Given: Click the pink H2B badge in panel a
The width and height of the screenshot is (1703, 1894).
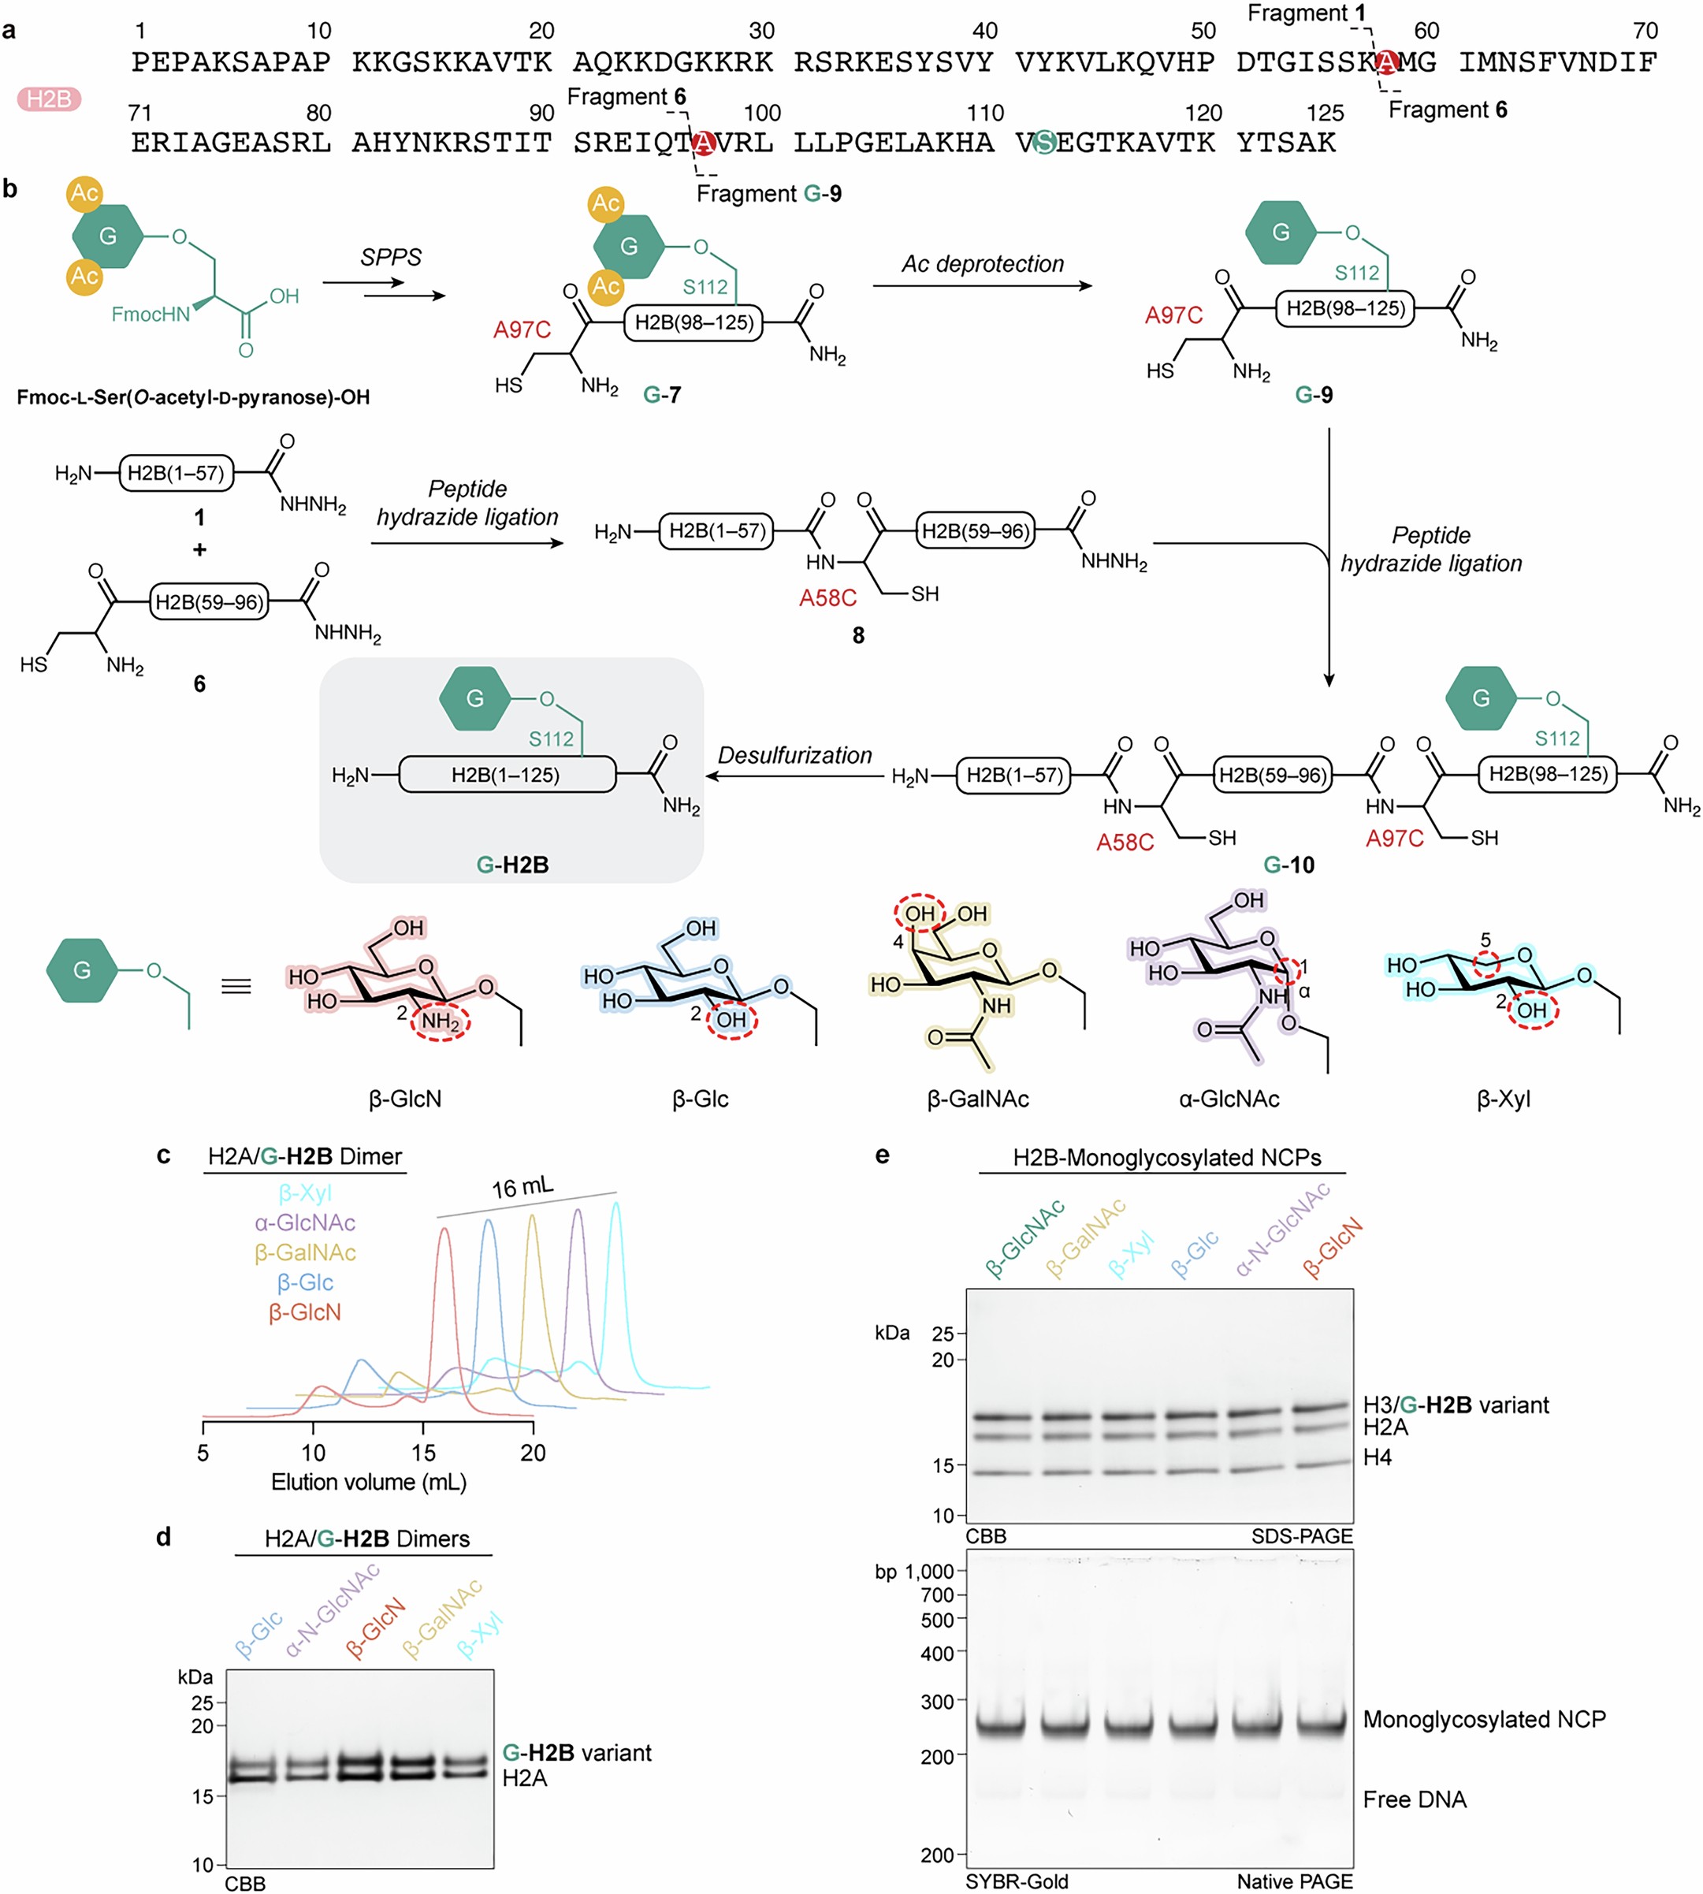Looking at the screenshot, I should point(49,99).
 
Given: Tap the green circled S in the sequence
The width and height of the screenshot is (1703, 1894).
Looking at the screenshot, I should point(1043,142).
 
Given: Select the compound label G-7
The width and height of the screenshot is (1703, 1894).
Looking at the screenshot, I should point(661,395).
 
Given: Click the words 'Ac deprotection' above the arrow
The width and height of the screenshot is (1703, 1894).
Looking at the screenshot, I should point(983,264).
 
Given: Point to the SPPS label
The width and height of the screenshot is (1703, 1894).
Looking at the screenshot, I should point(390,257).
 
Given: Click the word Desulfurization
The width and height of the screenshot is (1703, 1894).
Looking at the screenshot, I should point(794,755).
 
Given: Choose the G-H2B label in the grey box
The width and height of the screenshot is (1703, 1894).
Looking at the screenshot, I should point(511,865).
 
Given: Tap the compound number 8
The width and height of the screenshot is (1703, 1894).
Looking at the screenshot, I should point(858,635).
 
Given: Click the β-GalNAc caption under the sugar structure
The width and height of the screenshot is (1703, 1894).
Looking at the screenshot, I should point(978,1099).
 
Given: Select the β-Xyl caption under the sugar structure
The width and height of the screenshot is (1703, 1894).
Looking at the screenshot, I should point(1503,1099).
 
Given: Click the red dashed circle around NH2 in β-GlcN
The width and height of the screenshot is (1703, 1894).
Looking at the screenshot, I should point(441,1021).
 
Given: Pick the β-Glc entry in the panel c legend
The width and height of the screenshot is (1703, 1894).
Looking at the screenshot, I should point(305,1282).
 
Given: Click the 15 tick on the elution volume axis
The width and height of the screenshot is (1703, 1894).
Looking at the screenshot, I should point(423,1453).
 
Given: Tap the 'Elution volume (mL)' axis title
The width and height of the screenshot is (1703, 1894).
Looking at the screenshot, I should point(369,1483).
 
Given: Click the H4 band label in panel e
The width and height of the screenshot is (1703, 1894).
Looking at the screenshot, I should point(1378,1457).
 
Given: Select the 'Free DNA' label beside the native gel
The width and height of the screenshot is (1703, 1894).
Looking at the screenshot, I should point(1414,1799).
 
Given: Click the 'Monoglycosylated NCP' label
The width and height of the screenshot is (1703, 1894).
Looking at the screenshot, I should point(1484,1719).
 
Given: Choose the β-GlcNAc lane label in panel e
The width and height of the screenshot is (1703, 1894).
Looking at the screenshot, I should point(1024,1239).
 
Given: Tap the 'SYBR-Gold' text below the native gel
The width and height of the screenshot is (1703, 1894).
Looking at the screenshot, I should point(1016,1881).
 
